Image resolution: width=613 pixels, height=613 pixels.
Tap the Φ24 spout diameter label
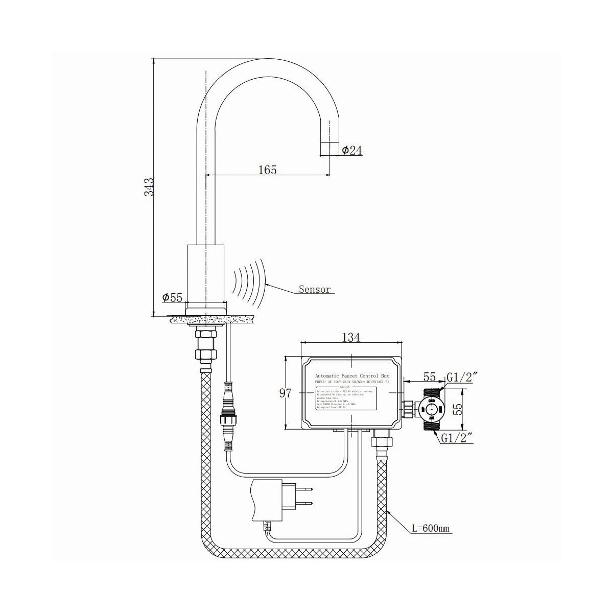pyautogui.click(x=352, y=150)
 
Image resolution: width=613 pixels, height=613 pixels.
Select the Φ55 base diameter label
pyautogui.click(x=172, y=297)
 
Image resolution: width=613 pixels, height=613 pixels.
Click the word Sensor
pyautogui.click(x=315, y=290)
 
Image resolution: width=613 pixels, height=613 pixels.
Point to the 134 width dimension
pyautogui.click(x=350, y=338)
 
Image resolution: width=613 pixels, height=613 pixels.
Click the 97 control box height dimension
pyautogui.click(x=286, y=393)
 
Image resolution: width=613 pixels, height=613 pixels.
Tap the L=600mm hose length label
pyautogui.click(x=431, y=528)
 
